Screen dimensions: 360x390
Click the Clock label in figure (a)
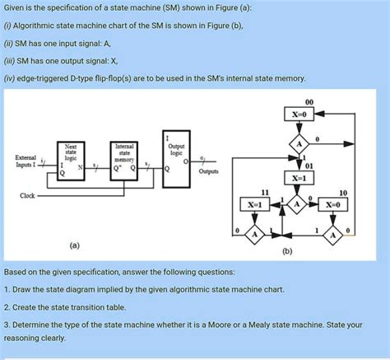(x=28, y=195)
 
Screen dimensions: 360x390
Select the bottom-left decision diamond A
(x=254, y=235)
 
